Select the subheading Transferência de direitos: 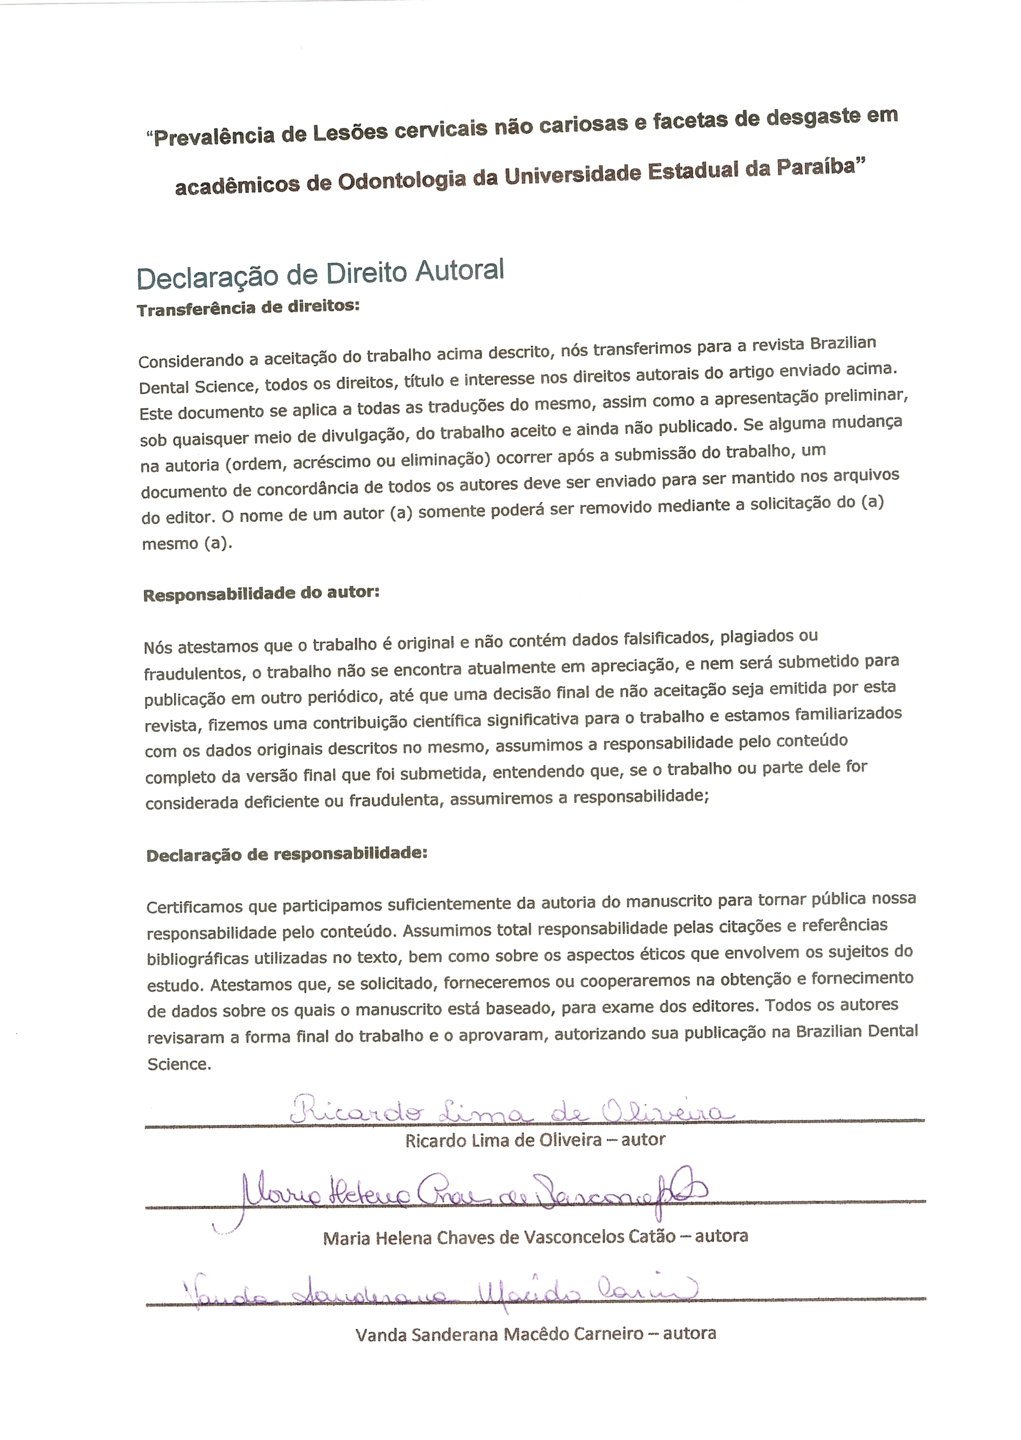coord(248,308)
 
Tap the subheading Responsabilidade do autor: coord(261,594)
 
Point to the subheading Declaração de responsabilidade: coord(287,854)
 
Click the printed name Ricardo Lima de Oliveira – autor coord(535,1140)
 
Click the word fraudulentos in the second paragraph coord(194,674)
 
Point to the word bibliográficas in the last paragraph coord(197,959)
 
